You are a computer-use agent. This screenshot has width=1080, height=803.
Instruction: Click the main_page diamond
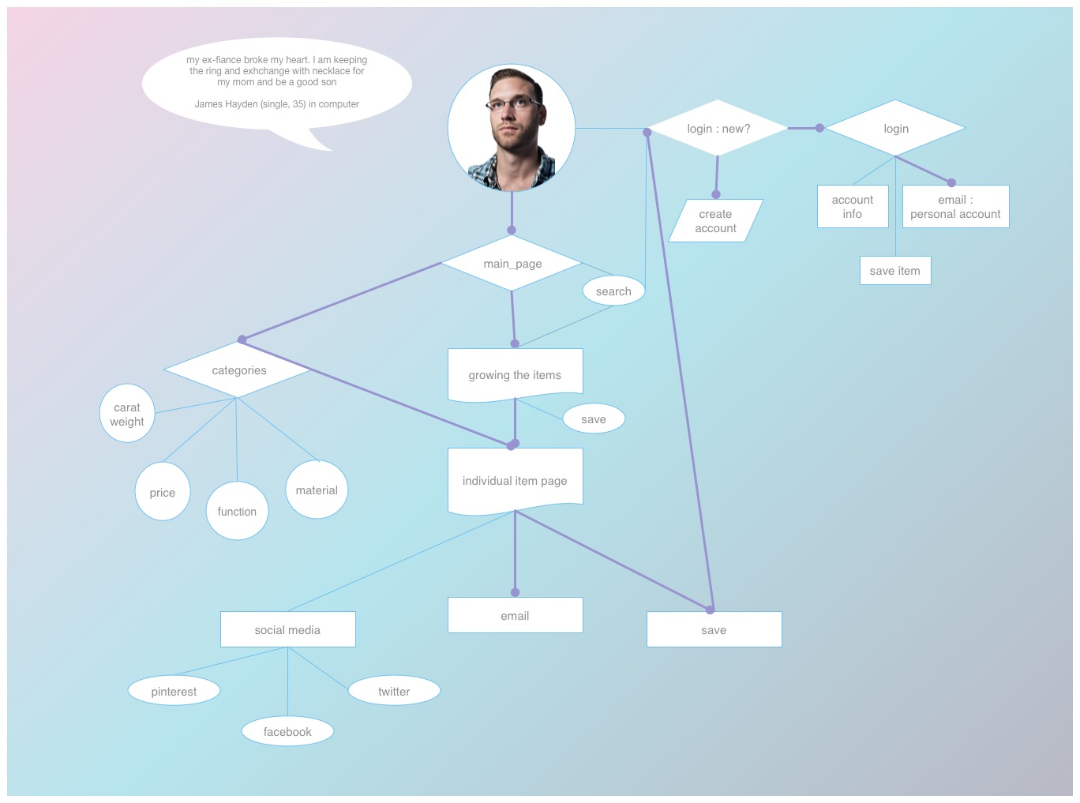pos(512,264)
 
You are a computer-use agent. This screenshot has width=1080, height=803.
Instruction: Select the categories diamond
pos(238,370)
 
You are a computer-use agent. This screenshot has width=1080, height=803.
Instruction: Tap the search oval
pos(613,291)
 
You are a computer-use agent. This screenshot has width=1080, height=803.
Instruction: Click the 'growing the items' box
pos(515,375)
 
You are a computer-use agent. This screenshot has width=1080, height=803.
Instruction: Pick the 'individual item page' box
pos(515,481)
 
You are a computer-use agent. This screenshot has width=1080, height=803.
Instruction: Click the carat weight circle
pos(127,414)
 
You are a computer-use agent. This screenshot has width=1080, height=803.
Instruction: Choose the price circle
pos(163,492)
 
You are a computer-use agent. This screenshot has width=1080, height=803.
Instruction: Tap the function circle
pos(237,512)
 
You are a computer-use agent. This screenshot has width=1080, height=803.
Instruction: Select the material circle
pos(317,490)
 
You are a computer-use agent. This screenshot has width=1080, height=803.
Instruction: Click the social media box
pos(287,630)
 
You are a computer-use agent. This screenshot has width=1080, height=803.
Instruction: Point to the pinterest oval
pos(174,691)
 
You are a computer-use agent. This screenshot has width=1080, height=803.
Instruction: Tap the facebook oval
pos(287,732)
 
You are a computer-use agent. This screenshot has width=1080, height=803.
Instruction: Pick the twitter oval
pos(394,691)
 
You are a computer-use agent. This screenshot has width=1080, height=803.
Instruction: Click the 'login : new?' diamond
pos(718,129)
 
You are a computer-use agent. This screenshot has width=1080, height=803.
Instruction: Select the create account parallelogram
pos(715,221)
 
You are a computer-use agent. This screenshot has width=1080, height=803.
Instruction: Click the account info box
pos(853,207)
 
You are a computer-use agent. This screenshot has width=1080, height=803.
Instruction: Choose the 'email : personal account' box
pos(955,207)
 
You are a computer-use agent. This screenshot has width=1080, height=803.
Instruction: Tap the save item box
pos(895,271)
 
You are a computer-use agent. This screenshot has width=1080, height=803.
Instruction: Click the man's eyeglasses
pos(513,103)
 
